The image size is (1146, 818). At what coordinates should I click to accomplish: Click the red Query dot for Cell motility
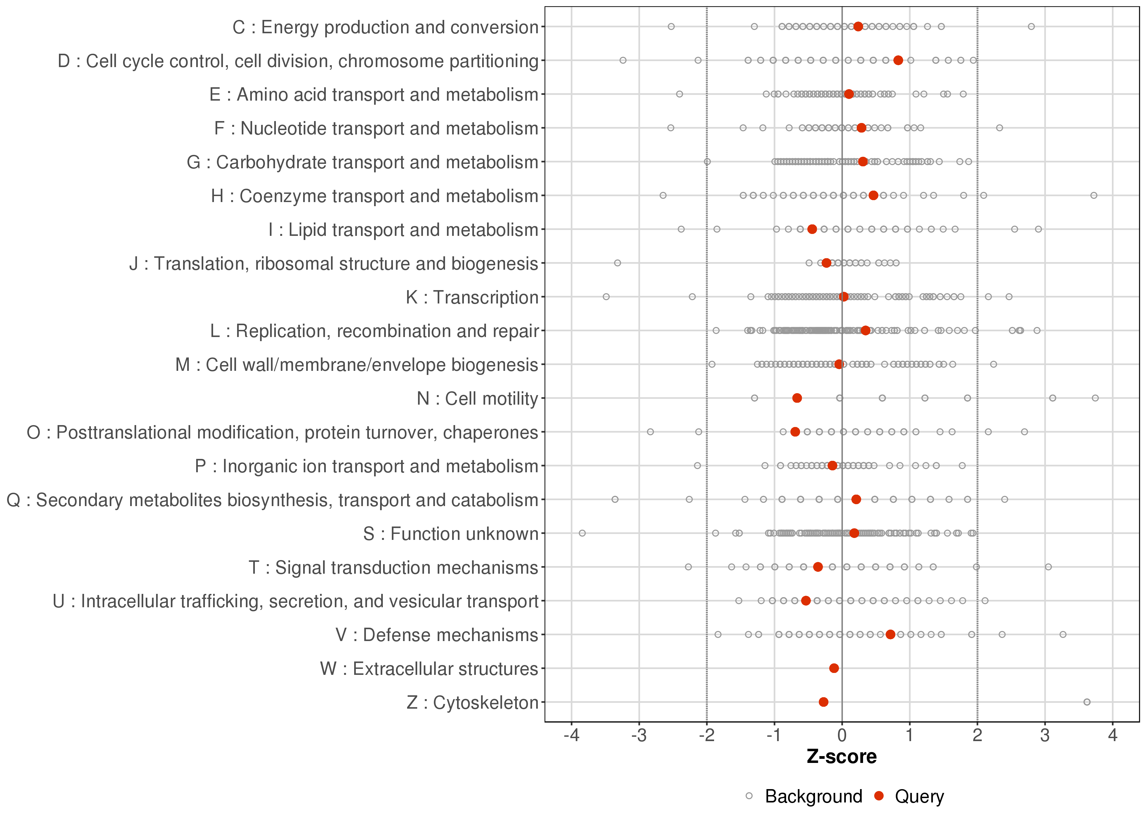(797, 398)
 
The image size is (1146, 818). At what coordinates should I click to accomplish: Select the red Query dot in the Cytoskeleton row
(823, 702)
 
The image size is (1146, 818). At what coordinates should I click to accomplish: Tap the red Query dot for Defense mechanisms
(891, 634)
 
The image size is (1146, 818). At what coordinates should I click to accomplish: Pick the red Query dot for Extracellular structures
(834, 668)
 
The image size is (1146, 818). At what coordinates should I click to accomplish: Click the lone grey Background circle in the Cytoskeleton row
(1087, 702)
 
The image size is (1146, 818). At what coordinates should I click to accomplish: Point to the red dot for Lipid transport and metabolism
(812, 229)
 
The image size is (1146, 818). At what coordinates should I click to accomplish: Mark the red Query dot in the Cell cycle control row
(898, 61)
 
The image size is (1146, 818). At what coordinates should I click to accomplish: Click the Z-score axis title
(841, 757)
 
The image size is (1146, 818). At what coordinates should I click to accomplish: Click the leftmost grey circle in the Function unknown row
(582, 533)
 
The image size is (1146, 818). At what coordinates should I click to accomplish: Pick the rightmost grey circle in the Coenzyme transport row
(1094, 196)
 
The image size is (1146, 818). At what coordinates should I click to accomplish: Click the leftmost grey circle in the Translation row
(617, 263)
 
